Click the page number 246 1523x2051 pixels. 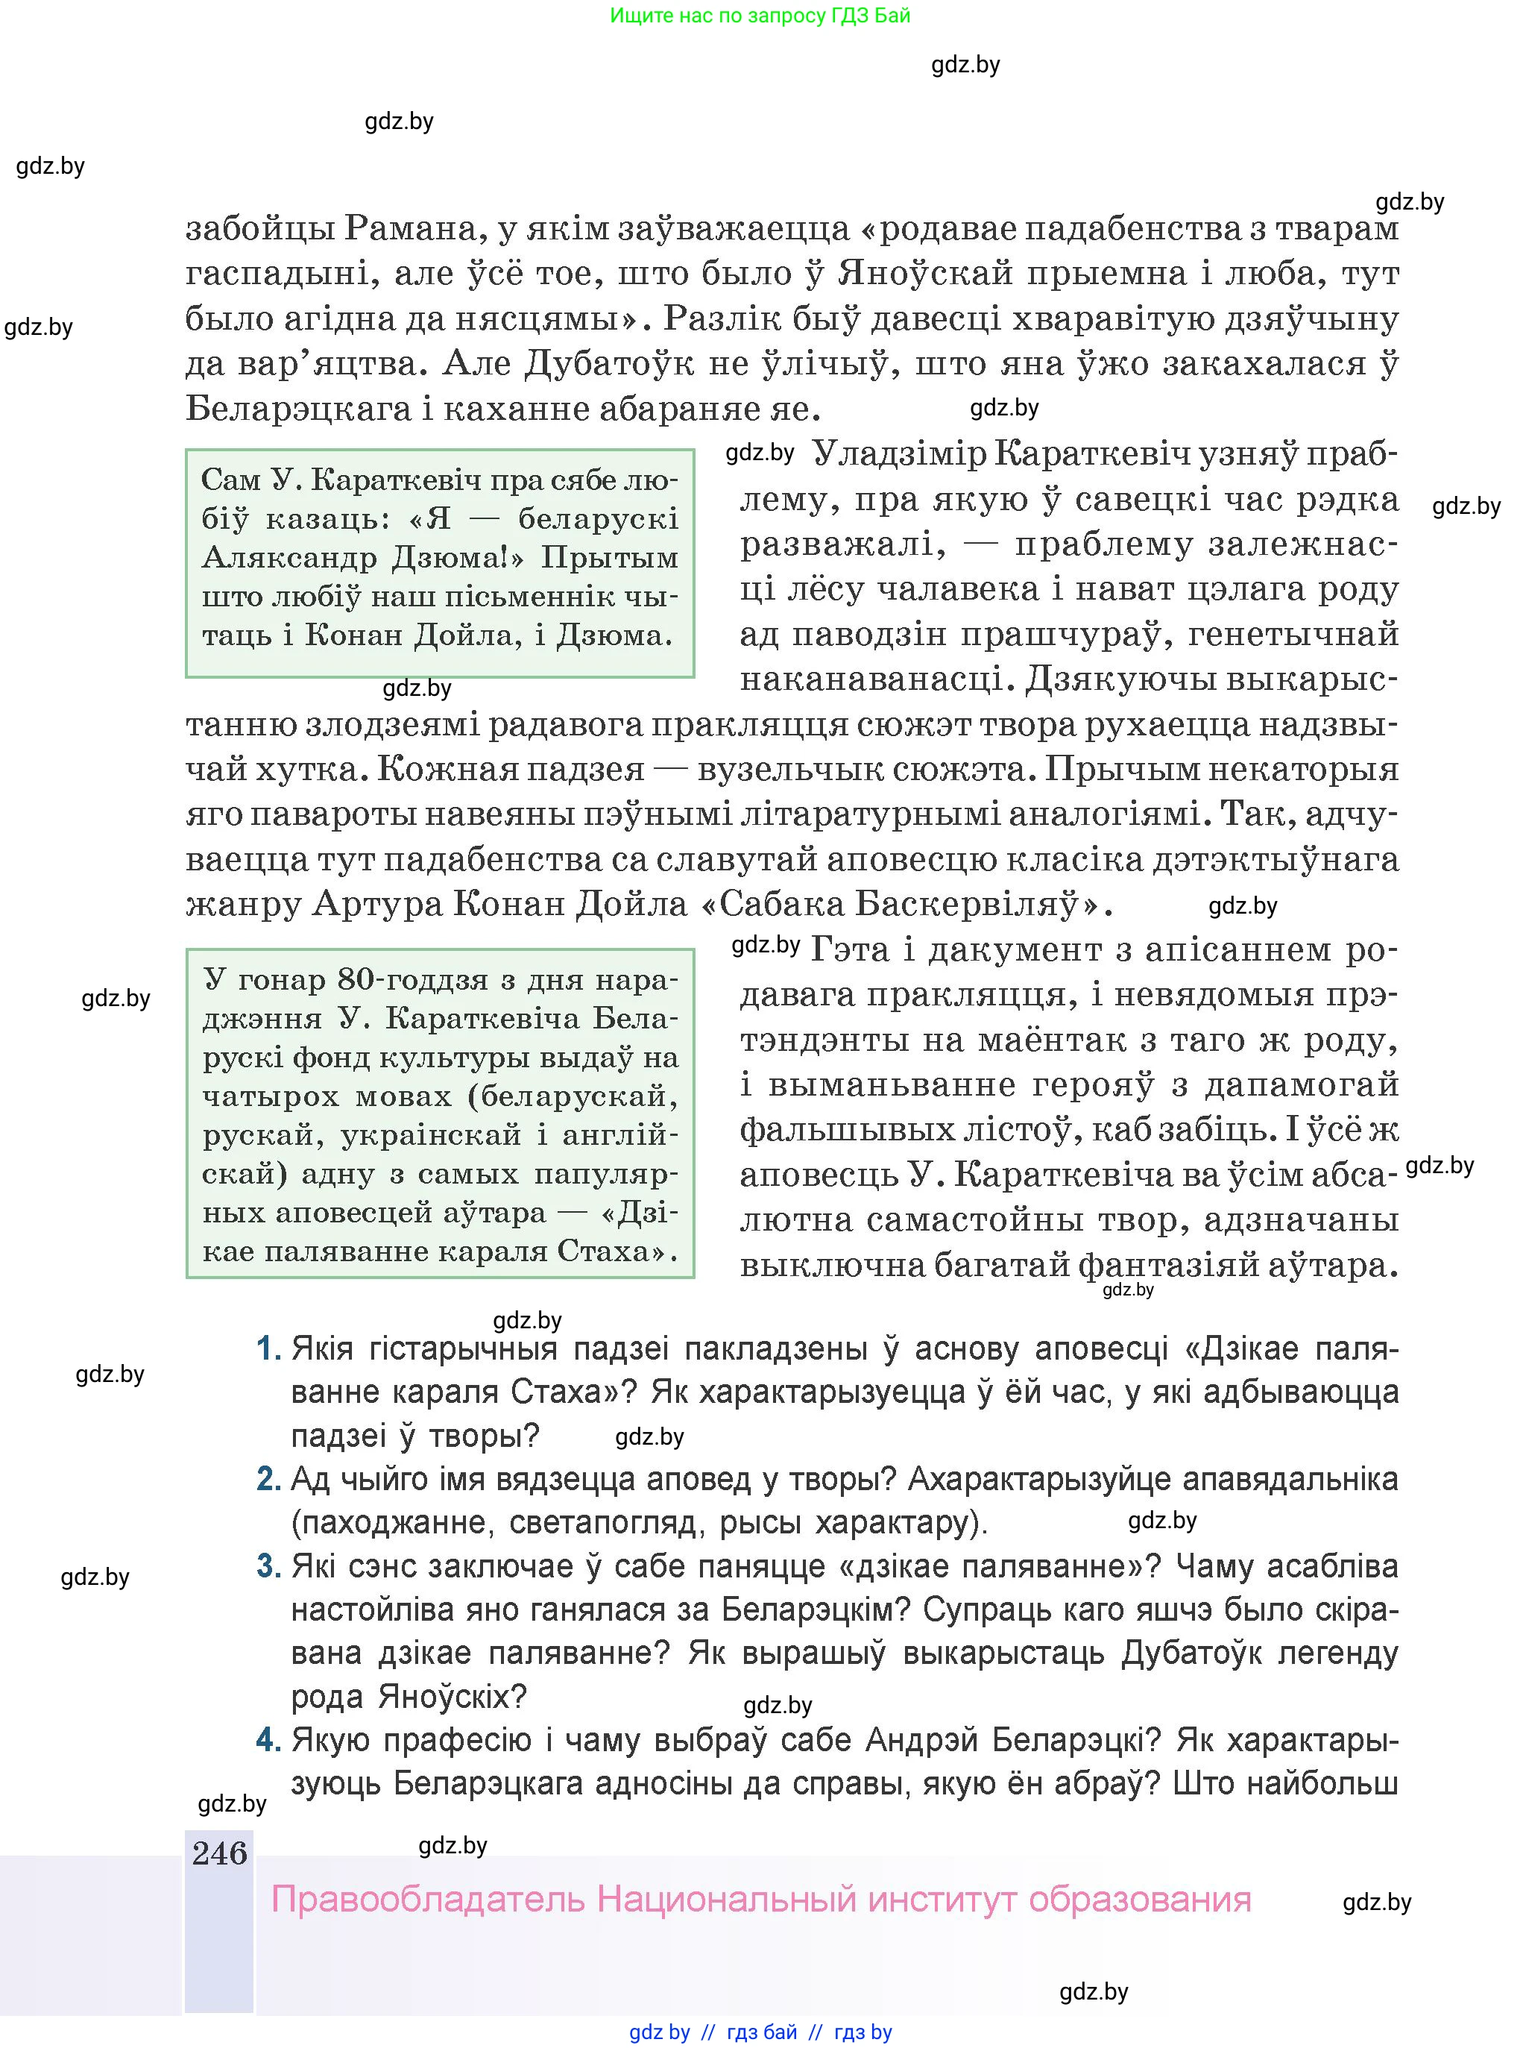[219, 1853]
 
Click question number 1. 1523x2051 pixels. [268, 1349]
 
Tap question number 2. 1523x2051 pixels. [268, 1479]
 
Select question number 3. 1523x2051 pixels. [268, 1566]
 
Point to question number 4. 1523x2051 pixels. [268, 1740]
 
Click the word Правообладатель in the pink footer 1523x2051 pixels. [428, 1900]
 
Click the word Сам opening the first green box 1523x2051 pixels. [230, 480]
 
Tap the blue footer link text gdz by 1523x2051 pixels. [659, 2032]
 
